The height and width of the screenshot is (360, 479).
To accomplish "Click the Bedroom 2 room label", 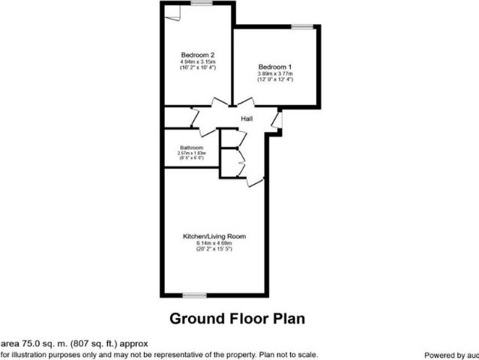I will [199, 55].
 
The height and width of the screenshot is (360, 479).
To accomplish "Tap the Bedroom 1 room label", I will [275, 67].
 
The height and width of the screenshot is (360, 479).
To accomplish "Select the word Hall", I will [246, 118].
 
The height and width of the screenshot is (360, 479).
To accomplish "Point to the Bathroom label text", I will [191, 148].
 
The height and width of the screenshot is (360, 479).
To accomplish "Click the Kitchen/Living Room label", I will [214, 236].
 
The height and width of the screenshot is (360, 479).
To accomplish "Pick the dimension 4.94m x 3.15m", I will [199, 61].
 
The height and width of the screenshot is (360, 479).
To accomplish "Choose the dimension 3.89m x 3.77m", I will [275, 73].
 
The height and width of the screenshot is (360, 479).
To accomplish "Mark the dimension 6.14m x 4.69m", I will [214, 243].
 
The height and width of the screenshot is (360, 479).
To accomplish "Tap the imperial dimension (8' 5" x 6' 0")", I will [191, 158].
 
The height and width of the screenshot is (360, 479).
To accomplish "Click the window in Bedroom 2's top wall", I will [201, 4].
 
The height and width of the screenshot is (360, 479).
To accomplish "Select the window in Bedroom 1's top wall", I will [302, 28].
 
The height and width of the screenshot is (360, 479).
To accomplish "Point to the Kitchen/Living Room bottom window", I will [194, 294].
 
